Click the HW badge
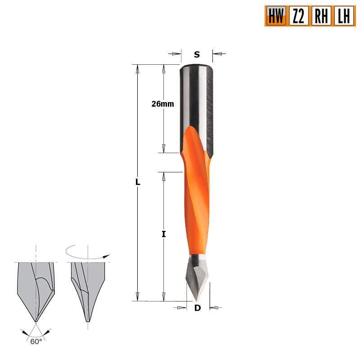276,16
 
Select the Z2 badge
298,16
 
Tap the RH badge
320,16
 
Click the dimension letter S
197,55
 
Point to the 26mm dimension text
162,104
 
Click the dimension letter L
138,183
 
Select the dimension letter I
164,234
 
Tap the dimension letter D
197,308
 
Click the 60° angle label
36,342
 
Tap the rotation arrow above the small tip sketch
88,253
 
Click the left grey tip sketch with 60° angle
36,288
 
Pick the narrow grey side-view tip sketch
88,288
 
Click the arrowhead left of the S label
176,54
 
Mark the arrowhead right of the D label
213,308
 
